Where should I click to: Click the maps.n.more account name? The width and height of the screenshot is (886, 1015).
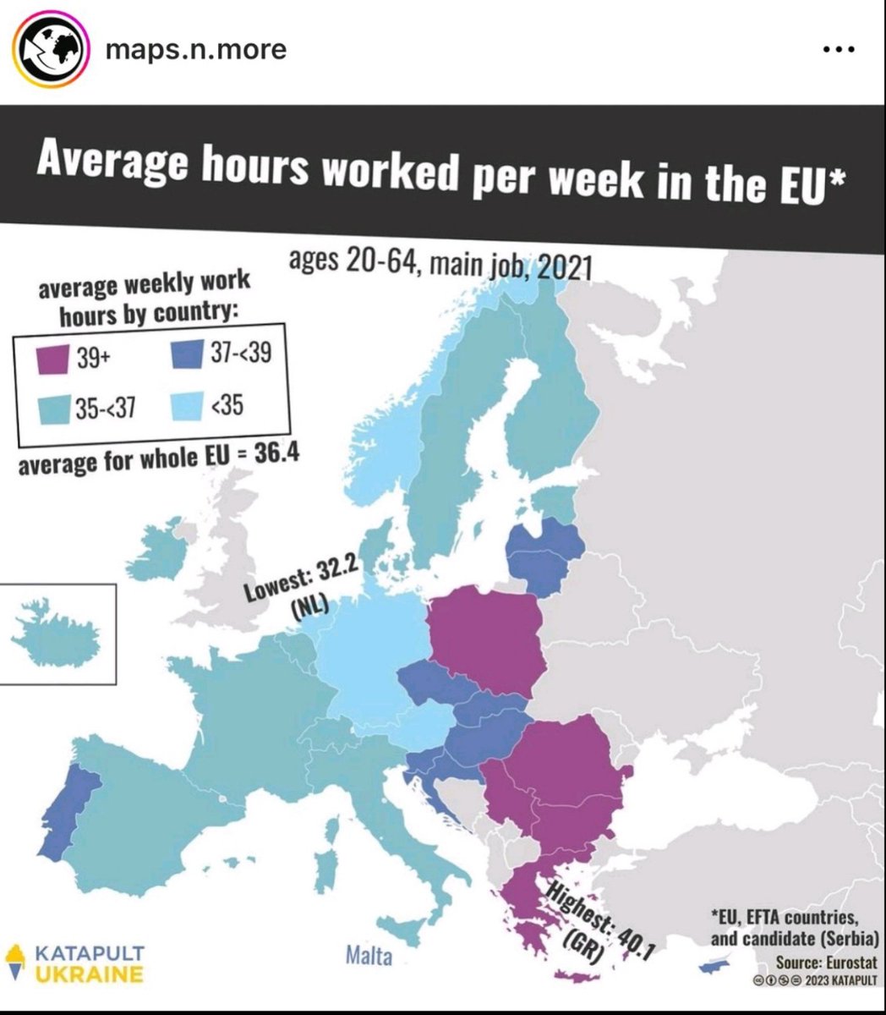point(195,49)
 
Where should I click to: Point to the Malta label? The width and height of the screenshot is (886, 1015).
point(369,957)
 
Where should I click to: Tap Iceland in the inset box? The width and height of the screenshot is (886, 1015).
point(51,634)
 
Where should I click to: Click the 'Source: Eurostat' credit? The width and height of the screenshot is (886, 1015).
point(826,963)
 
